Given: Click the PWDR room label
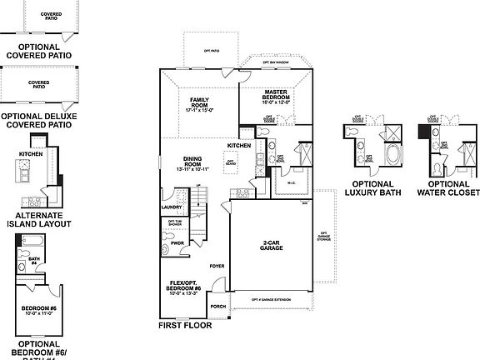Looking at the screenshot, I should (177, 244).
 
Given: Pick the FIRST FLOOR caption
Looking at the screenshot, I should (185, 326).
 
